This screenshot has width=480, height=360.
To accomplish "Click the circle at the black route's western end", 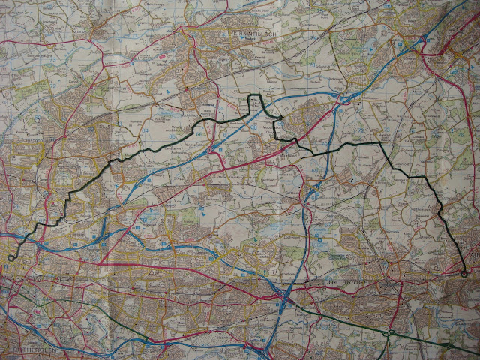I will coord(10,257).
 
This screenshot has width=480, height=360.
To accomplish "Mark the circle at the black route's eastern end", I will coord(464,274).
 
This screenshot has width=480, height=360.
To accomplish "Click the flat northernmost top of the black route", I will coord(255,95).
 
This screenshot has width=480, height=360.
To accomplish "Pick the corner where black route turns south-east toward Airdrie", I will coord(380,142).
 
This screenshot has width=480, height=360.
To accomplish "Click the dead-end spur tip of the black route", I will coord(282,118).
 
